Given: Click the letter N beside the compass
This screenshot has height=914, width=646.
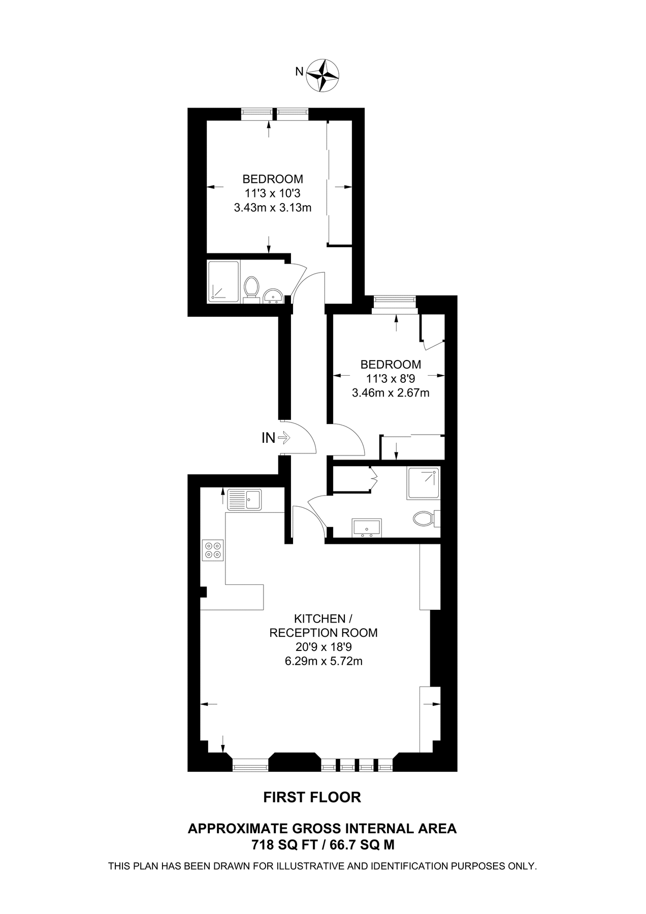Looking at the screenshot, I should click(300, 72).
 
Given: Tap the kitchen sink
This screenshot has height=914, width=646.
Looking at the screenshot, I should click(244, 499).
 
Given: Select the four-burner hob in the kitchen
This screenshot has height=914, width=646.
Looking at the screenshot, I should click(213, 550).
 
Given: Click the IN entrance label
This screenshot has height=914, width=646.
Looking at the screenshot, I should click(268, 438).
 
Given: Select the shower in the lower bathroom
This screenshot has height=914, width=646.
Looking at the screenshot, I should click(423, 483).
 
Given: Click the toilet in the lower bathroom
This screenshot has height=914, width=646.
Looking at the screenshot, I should click(425, 519).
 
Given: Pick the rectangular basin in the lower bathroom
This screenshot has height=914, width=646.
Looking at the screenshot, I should click(367, 528).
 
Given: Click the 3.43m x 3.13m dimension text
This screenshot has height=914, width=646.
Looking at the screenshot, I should click(273, 207).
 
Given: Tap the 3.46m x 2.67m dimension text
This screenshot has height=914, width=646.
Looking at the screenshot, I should click(391, 393).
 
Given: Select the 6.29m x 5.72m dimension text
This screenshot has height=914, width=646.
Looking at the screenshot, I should click(324, 661).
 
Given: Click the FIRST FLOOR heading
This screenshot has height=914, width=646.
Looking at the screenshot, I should click(312, 797).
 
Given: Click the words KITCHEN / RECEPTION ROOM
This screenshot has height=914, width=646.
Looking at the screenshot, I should click(324, 626).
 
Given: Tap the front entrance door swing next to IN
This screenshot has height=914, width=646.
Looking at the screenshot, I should click(300, 437).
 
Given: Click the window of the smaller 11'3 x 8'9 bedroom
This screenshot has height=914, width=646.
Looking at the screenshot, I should click(395, 301).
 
